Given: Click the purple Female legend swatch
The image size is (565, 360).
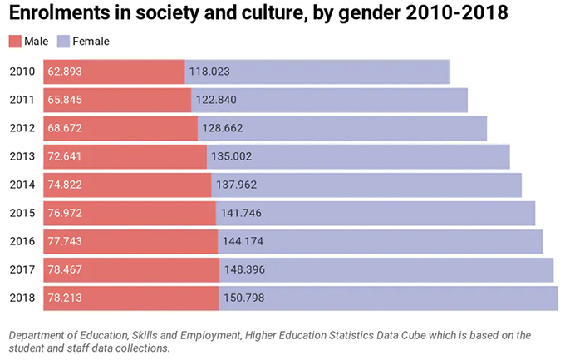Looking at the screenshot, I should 63,41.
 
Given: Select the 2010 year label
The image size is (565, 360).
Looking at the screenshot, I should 22,72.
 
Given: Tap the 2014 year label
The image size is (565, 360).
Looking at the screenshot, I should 22,185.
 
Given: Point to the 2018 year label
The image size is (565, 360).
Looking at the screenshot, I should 22,298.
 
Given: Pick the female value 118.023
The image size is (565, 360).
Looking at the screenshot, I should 209,72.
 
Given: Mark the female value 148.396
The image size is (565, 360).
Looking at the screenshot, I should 244,269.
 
